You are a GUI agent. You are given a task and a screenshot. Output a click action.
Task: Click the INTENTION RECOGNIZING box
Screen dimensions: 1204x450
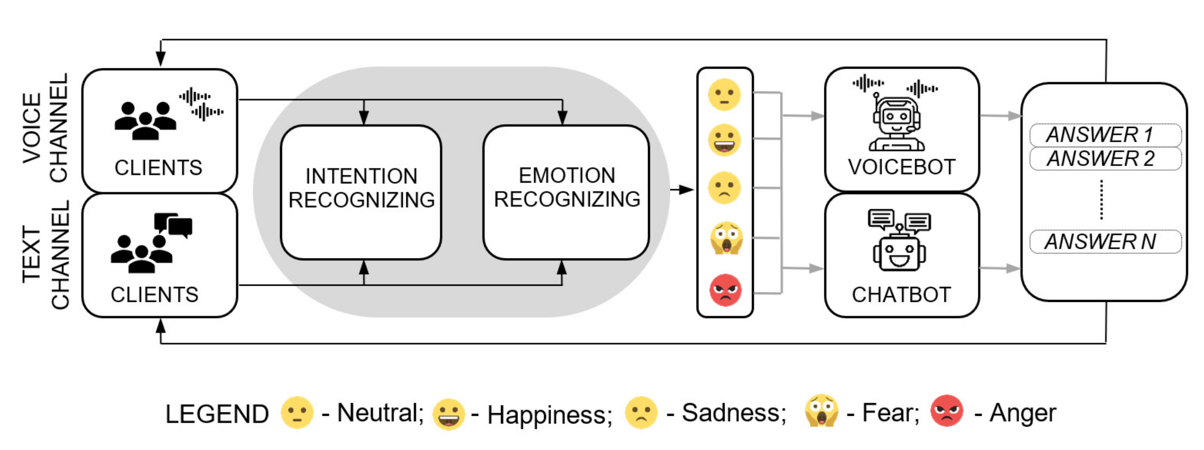tap(361, 192)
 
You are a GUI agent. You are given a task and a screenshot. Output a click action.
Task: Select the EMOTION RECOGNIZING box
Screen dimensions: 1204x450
tap(566, 192)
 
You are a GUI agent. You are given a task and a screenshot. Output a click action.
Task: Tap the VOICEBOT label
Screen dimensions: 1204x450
tap(902, 167)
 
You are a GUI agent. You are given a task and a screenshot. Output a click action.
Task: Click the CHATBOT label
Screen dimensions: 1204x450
tap(901, 294)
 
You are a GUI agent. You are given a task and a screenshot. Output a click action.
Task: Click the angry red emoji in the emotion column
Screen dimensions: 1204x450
tap(725, 290)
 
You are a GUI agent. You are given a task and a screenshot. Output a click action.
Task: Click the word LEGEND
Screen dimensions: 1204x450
tap(217, 414)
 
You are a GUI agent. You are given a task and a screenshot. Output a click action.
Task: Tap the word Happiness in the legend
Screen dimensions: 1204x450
tap(549, 414)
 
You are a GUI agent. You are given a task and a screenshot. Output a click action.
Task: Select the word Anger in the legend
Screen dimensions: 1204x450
tap(1023, 413)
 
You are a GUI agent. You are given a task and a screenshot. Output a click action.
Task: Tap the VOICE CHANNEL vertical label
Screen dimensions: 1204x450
tap(46, 128)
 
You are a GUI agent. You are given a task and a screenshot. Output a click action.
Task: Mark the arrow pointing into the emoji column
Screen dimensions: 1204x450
tap(682, 190)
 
